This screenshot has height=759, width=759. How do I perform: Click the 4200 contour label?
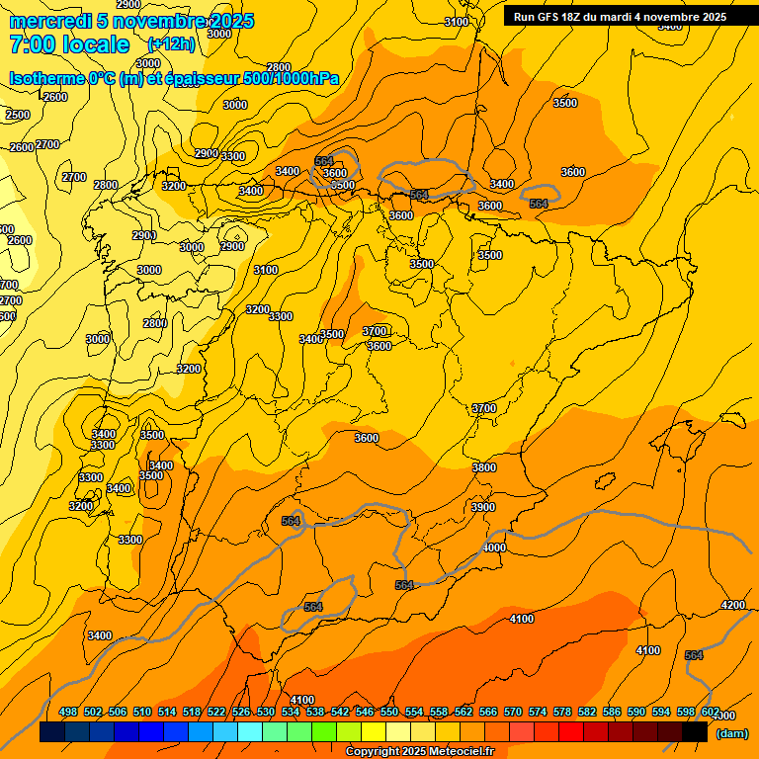click(x=732, y=605)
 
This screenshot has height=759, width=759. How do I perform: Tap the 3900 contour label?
click(x=483, y=507)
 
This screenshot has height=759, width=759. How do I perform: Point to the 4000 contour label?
click(x=494, y=548)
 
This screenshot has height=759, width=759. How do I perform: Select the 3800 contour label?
click(x=484, y=467)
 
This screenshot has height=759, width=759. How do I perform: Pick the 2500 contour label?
click(x=18, y=115)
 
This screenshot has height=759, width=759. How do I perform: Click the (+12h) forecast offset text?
click(x=171, y=44)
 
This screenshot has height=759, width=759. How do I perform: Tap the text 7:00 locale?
click(x=69, y=44)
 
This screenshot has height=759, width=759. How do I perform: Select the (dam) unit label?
click(x=731, y=732)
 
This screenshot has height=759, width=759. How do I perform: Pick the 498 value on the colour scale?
click(x=68, y=712)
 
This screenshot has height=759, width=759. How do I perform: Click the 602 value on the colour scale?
click(x=711, y=712)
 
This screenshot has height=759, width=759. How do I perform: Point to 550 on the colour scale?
click(x=389, y=712)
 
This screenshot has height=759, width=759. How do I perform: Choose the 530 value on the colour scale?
click(x=266, y=712)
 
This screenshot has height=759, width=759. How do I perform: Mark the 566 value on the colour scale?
click(x=488, y=712)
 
